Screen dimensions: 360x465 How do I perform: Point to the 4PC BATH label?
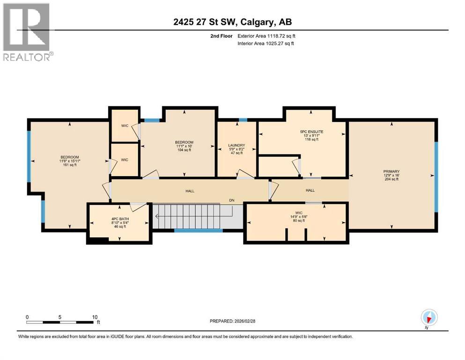point(118,218)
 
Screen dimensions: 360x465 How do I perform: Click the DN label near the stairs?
point(231,201)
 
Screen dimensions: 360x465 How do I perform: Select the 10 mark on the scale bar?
point(95,317)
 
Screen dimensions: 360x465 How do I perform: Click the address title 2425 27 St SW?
point(232,22)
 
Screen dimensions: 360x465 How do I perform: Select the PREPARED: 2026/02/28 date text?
point(232,321)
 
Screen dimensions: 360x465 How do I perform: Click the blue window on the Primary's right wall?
point(436,177)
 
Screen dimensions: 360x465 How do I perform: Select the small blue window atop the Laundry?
point(243,120)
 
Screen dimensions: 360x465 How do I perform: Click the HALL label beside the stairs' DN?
point(190,191)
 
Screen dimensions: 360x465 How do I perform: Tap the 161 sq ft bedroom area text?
point(69,165)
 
